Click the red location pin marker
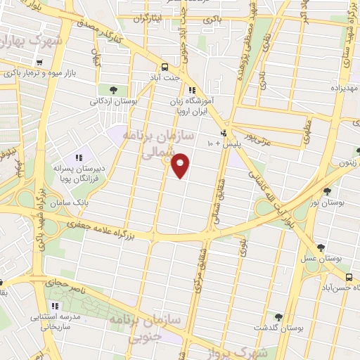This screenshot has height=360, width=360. [181, 166]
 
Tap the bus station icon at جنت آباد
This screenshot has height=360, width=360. [164, 62]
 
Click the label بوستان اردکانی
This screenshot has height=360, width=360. [114, 102]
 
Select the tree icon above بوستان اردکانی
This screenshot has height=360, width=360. [113, 89]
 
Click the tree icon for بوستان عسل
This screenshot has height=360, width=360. [320, 247]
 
